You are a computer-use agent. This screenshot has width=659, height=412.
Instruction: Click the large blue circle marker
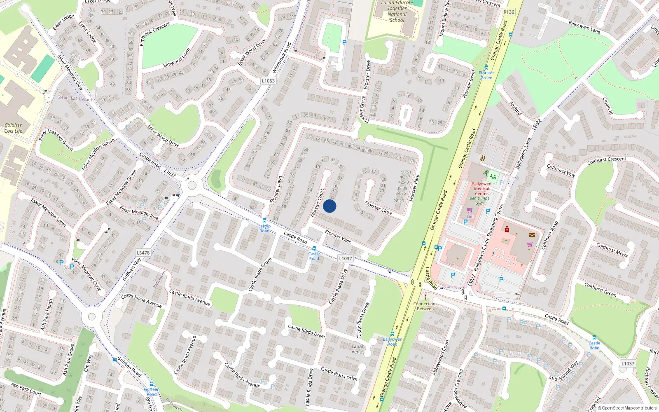click(x=329, y=206)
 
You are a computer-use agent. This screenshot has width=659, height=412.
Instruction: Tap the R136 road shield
click(x=509, y=12)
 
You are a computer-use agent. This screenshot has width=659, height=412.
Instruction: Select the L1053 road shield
click(x=268, y=81)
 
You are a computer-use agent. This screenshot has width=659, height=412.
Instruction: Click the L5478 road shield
click(x=143, y=253)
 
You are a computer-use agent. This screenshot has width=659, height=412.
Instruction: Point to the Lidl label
click(x=470, y=216)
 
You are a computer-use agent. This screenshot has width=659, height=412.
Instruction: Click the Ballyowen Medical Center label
click(x=481, y=189)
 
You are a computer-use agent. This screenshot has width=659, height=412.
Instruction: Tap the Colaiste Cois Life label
click(x=13, y=128)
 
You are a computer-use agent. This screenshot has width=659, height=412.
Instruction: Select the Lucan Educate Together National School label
click(x=397, y=11)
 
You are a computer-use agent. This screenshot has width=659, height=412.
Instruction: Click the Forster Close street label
click(x=379, y=208)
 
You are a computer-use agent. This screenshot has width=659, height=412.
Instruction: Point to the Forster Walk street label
click(x=338, y=236)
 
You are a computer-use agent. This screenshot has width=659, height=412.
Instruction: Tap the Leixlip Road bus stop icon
click(x=264, y=220)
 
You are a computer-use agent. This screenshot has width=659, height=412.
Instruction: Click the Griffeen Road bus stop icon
click(x=115, y=360)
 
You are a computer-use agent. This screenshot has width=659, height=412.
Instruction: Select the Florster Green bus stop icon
click(x=486, y=68)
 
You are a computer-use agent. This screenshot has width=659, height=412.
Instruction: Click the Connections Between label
click(x=425, y=306)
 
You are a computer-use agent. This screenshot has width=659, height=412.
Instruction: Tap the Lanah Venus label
click(x=358, y=349)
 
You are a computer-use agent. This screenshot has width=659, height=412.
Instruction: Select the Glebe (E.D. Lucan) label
click(x=74, y=98)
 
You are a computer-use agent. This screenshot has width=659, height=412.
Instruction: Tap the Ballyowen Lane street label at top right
click(x=584, y=28)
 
